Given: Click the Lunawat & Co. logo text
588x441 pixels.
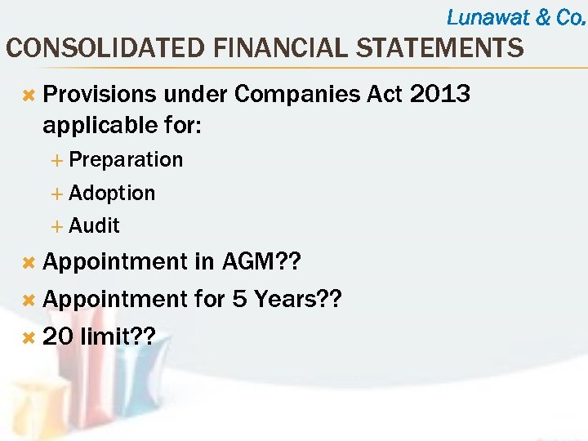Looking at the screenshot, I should click(x=516, y=16).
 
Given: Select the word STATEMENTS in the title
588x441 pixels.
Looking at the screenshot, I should click(x=430, y=48).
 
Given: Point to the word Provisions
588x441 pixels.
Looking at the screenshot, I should click(x=99, y=95).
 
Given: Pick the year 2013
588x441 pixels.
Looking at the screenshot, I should click(x=440, y=95).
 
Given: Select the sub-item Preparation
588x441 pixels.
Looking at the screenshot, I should click(x=126, y=159).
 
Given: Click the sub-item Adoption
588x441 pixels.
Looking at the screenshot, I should click(x=112, y=193).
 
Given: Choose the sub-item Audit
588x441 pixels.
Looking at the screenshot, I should click(x=95, y=225).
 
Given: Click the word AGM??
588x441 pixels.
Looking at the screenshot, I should click(x=261, y=262).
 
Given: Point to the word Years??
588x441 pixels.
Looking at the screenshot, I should click(x=297, y=300).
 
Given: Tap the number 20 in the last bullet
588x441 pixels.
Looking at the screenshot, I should click(x=57, y=336).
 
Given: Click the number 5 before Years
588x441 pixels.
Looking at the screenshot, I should click(x=239, y=300).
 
